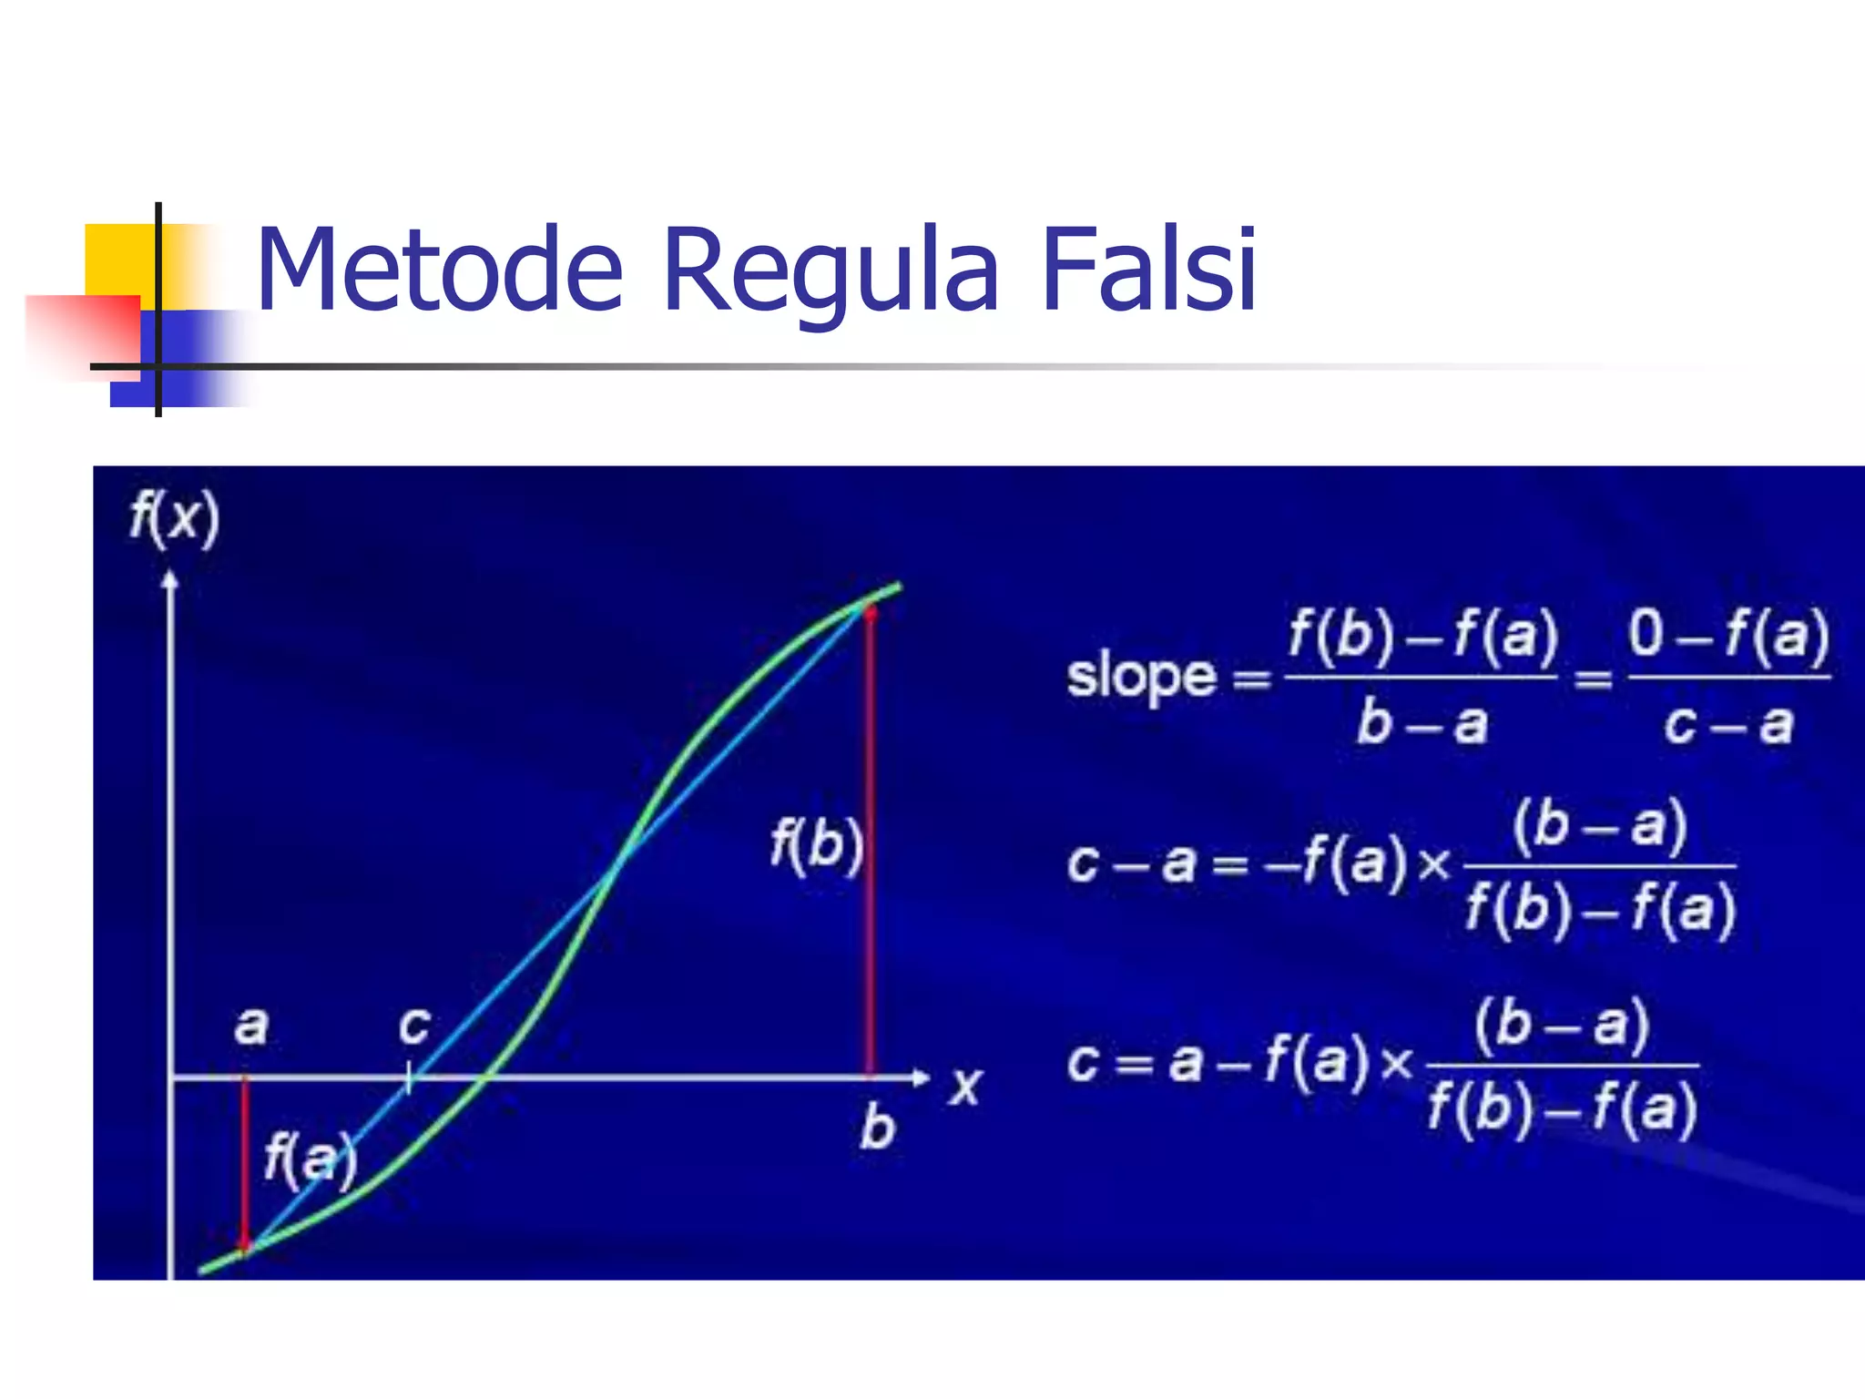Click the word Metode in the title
click(x=440, y=271)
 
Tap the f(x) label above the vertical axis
click(x=174, y=517)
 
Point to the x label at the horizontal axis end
click(x=966, y=1085)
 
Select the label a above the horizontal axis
click(x=251, y=1026)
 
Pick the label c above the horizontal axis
click(x=414, y=1026)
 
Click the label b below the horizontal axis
click(x=877, y=1128)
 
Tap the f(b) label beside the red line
click(x=816, y=844)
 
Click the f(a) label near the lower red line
click(x=310, y=1159)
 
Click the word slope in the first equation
click(x=1141, y=677)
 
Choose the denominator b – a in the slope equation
click(x=1422, y=724)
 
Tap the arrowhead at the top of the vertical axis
click(x=169, y=578)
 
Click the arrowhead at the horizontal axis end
click(x=922, y=1078)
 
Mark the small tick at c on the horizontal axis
click(x=409, y=1078)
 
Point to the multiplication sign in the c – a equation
click(x=1434, y=863)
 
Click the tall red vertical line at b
click(x=871, y=838)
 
